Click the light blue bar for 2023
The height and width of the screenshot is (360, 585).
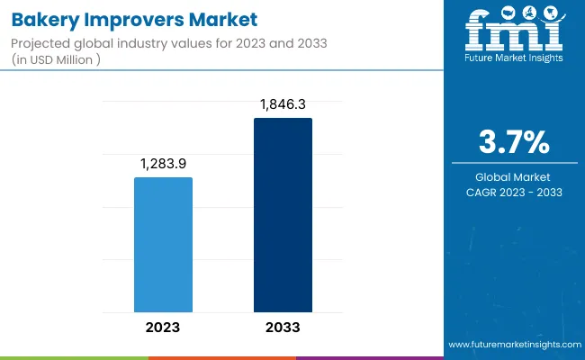tap(163, 245)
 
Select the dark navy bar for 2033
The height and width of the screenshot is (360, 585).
tap(283, 215)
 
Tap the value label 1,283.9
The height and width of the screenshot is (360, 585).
tap(163, 165)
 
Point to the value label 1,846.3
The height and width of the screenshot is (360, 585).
tap(283, 105)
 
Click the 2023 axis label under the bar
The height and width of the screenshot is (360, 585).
tap(163, 327)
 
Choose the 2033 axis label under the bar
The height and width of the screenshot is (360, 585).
tap(283, 327)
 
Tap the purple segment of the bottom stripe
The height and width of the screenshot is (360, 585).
tap(369, 357)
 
